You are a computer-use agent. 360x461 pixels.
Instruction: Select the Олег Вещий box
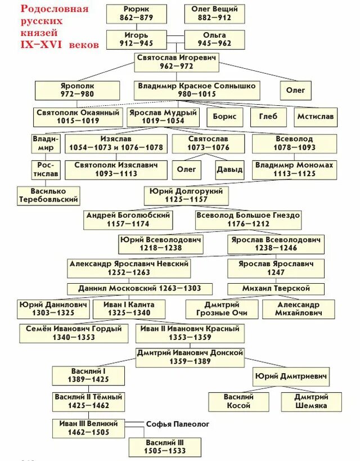click(214, 14)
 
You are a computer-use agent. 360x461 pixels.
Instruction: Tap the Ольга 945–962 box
click(214, 39)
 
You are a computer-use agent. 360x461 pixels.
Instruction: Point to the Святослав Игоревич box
click(176, 62)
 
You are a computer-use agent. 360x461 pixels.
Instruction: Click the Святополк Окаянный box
click(78, 117)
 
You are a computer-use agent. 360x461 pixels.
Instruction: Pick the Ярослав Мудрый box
click(163, 117)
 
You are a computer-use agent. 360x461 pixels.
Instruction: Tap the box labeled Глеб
click(268, 117)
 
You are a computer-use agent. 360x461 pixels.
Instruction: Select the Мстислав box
click(315, 117)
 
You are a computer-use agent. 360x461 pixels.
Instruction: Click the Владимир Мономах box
click(294, 169)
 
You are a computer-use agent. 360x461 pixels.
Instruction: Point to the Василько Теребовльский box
click(48, 195)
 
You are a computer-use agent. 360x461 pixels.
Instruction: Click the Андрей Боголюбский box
click(128, 220)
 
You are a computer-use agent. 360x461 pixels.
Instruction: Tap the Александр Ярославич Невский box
click(129, 267)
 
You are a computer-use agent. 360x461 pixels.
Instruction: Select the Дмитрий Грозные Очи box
click(222, 309)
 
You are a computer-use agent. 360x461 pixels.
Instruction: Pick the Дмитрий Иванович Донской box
click(190, 357)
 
